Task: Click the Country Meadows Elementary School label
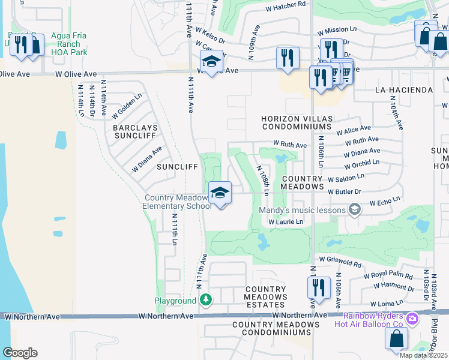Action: pos(178,202)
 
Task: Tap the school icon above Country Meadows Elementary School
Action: pos(220,193)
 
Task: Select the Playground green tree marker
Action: pos(206,299)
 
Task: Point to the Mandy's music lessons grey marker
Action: pos(355,209)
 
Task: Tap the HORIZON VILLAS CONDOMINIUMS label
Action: pos(296,123)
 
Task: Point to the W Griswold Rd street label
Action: pos(340,261)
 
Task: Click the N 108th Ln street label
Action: pos(263,180)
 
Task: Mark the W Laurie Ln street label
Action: pos(286,222)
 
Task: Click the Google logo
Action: pos(20,352)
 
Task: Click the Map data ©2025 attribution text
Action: pos(424,355)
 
